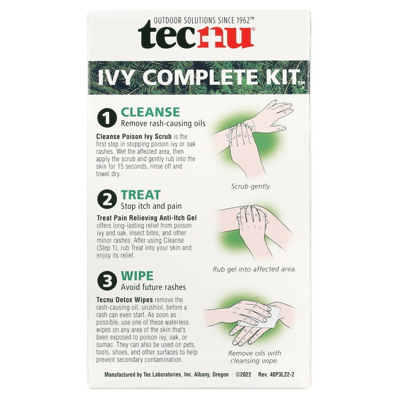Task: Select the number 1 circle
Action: pos(106,118)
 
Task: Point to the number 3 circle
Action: pos(106,281)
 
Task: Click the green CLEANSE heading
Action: pos(150,112)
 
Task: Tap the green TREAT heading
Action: pos(140,194)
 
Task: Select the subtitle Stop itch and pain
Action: pos(151,206)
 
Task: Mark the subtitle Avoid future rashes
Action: pos(153,287)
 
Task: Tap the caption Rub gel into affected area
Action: pos(255,269)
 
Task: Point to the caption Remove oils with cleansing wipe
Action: pos(255,357)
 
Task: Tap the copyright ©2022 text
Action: pos(245,374)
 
